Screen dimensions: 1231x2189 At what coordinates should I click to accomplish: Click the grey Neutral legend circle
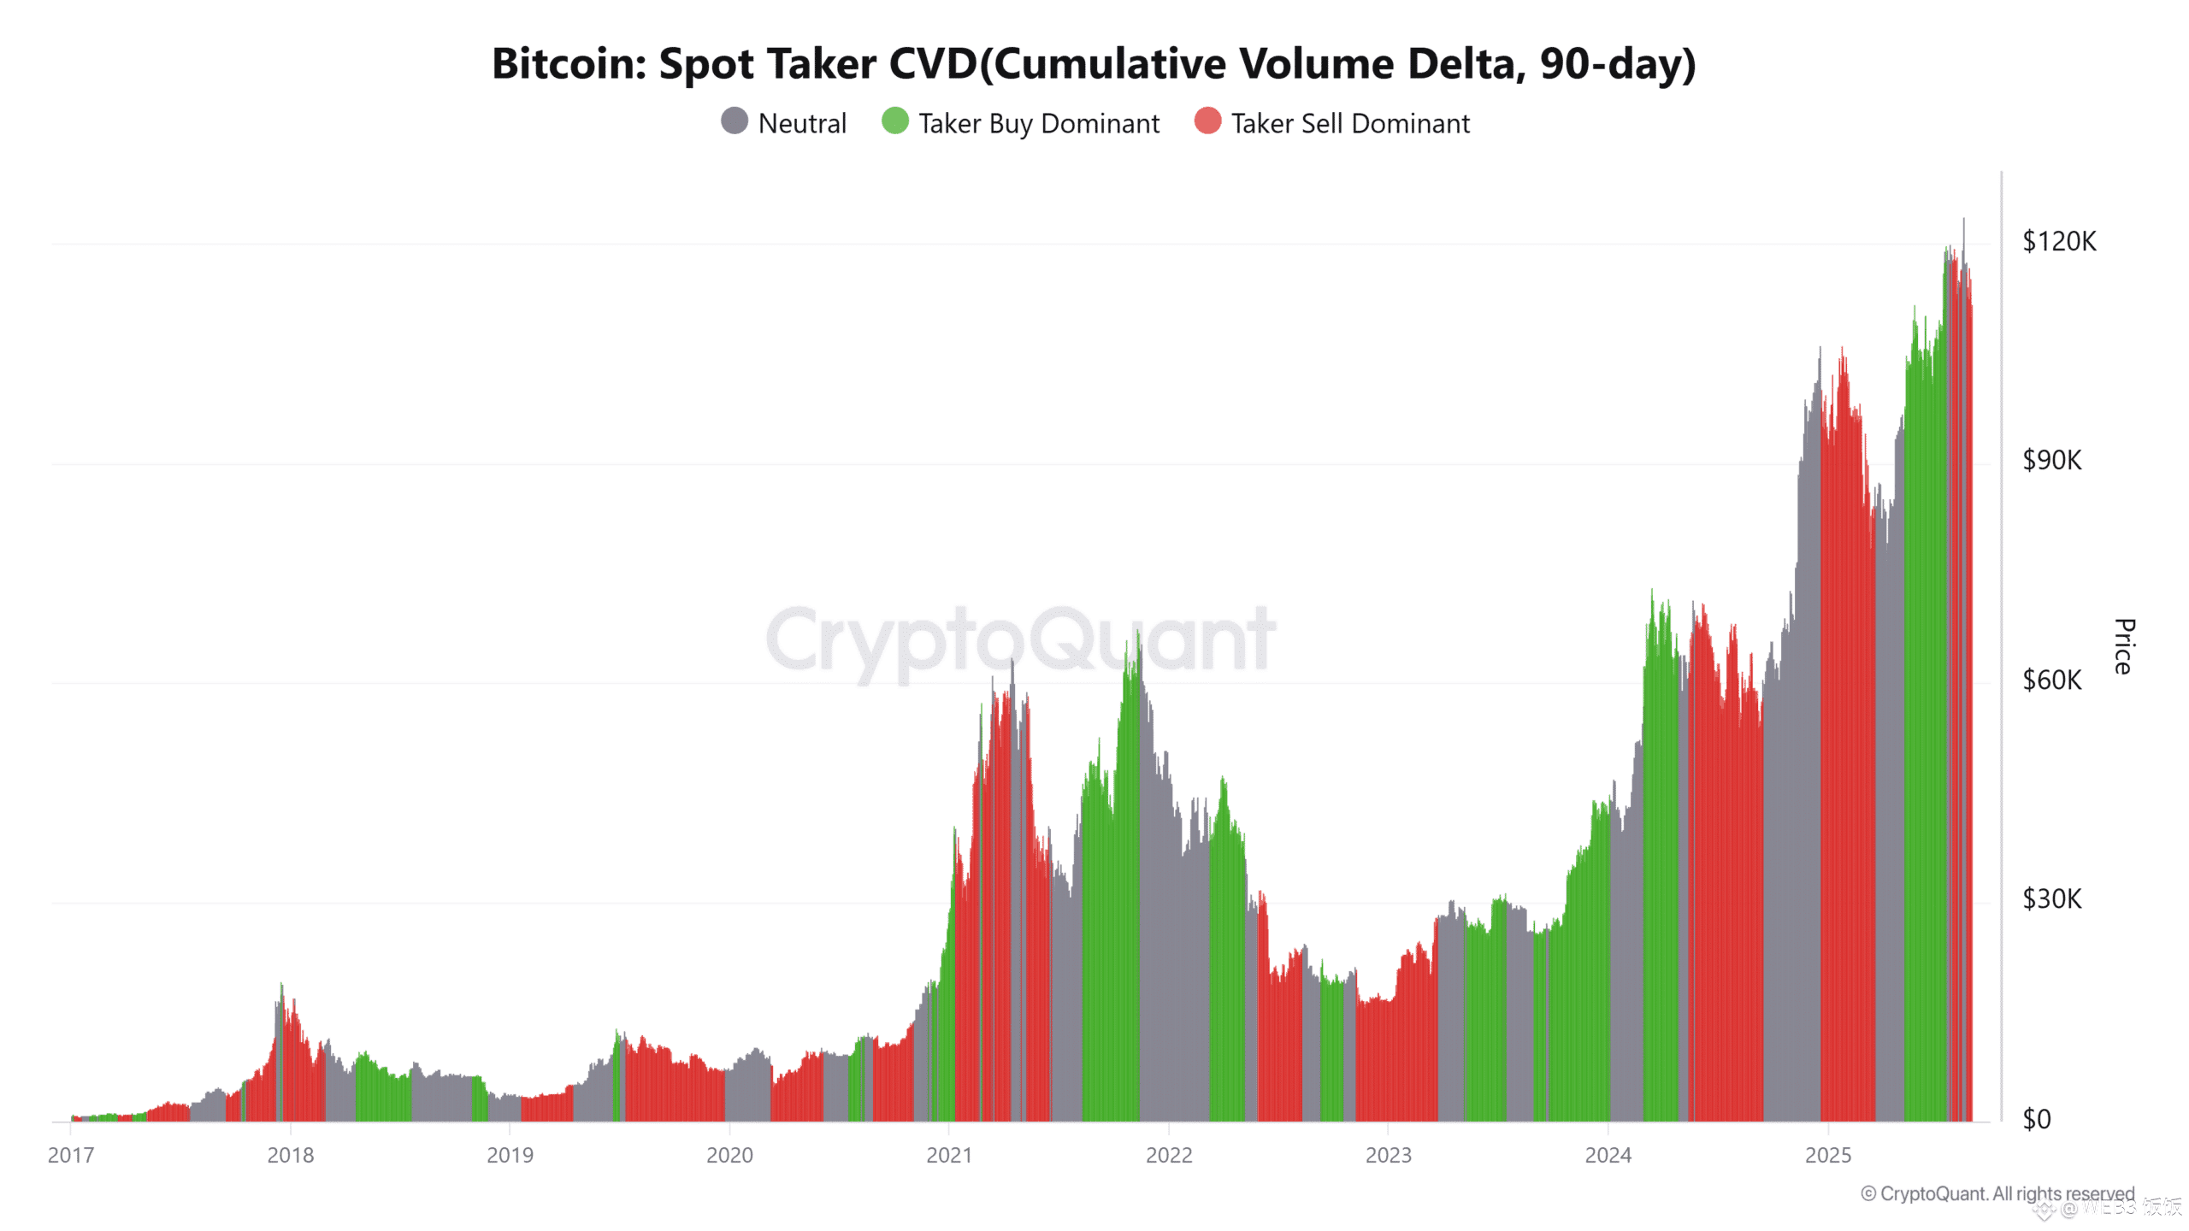735,121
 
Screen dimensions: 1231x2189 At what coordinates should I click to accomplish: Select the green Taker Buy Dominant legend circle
894,121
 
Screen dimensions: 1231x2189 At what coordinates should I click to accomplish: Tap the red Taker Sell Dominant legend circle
1207,121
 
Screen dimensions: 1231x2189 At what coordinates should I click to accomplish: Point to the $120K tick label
2058,242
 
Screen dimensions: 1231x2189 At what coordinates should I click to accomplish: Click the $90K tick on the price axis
2051,461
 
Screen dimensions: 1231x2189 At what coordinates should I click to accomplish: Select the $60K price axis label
2051,680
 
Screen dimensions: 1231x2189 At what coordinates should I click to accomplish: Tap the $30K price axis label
2051,899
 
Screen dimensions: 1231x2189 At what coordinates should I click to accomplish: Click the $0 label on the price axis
2036,1119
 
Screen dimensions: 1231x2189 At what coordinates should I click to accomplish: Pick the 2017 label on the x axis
71,1156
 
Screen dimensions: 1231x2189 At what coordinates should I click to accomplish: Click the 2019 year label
510,1156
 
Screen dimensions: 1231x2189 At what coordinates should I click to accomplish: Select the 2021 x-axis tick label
949,1156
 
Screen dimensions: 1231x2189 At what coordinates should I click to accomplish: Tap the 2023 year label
1388,1156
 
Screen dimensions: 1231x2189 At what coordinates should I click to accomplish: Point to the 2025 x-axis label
1827,1156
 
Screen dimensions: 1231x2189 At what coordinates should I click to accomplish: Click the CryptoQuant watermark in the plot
1020,639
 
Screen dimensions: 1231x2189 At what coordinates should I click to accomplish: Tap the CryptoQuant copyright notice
1997,1193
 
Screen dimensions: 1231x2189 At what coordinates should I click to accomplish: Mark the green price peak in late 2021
1138,634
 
